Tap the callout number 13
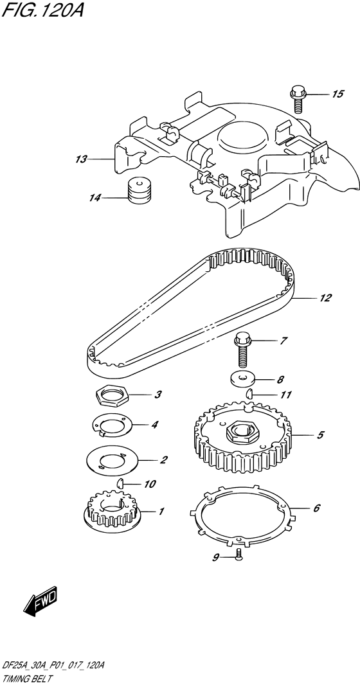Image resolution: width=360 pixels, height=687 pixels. (80, 159)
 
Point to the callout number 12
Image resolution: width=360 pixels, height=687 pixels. (325, 298)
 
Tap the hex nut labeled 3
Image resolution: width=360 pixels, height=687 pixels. (113, 395)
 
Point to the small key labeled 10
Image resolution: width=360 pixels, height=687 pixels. (121, 483)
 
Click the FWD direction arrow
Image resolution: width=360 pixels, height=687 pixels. (41, 602)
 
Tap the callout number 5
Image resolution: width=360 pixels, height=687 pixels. (319, 436)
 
